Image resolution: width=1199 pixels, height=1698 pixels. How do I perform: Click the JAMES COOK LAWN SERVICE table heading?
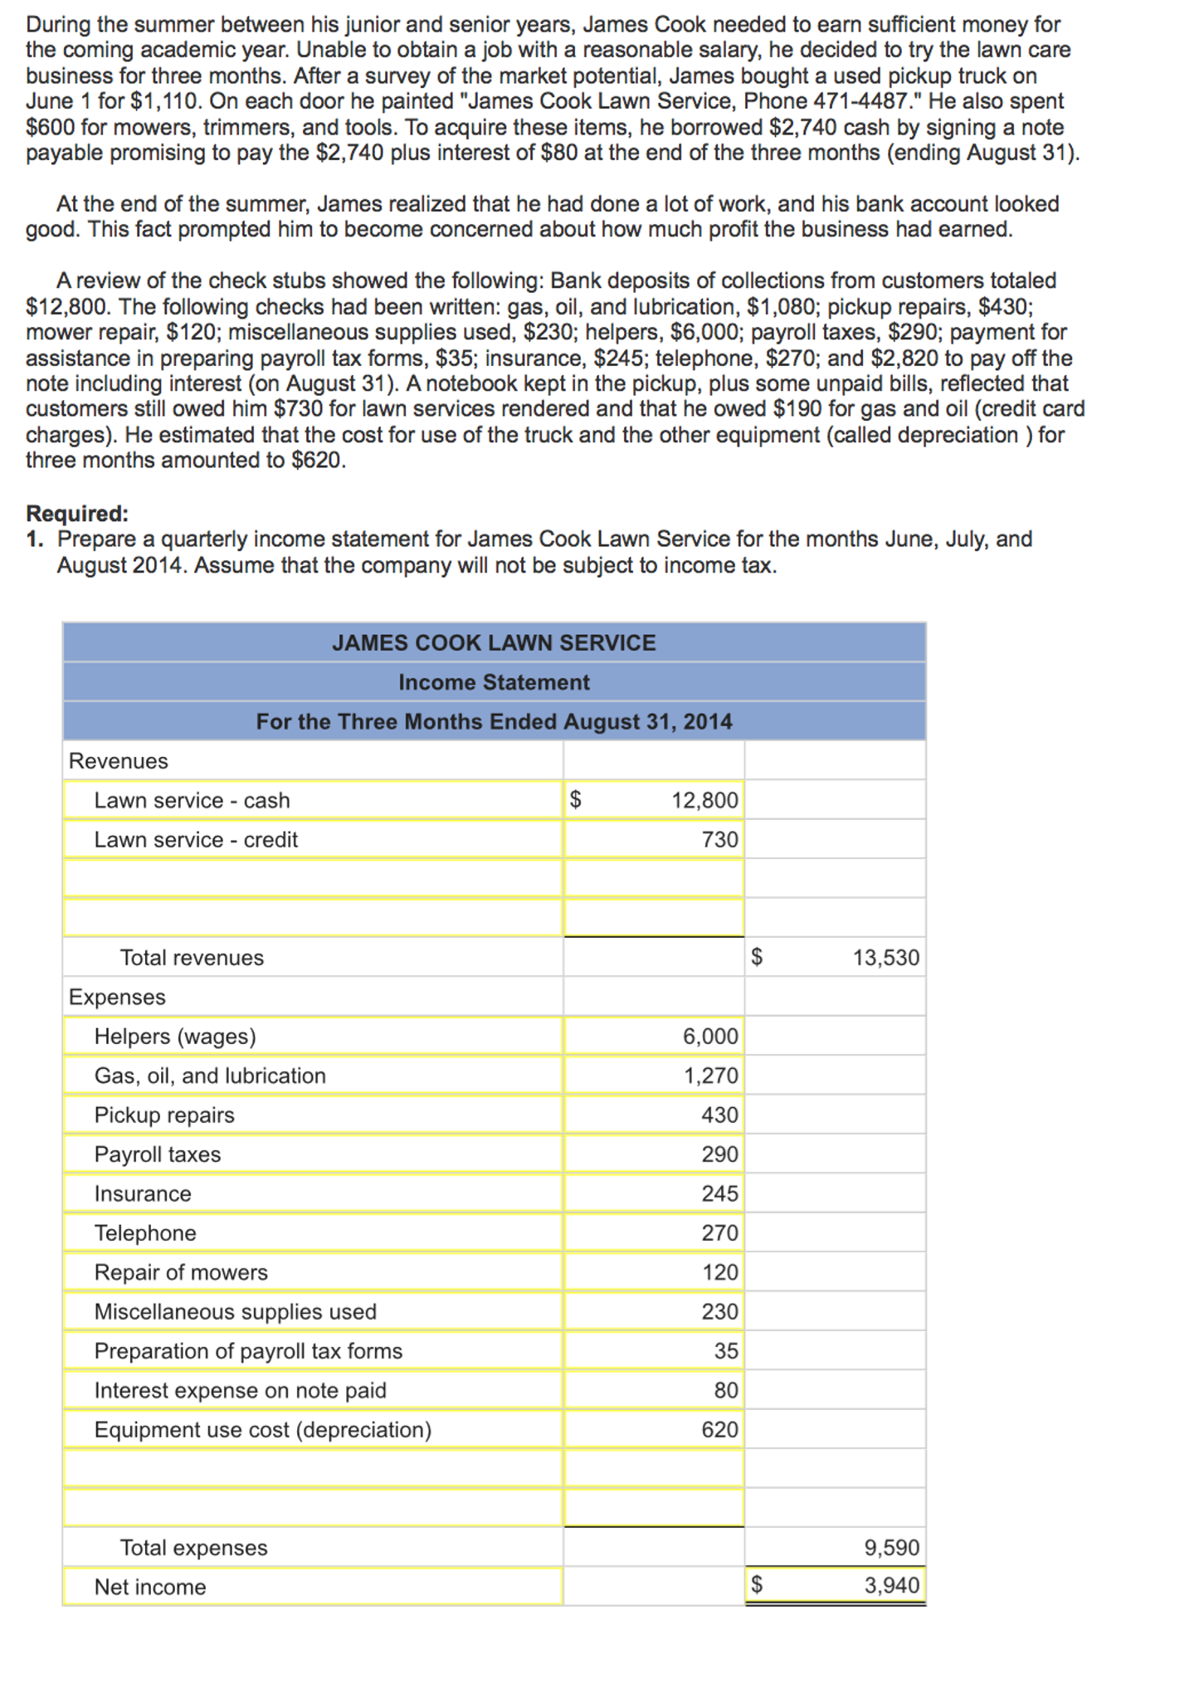[x=494, y=643]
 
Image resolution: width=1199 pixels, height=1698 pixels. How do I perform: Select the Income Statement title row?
[x=494, y=682]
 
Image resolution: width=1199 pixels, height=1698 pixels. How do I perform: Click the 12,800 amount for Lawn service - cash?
[x=704, y=800]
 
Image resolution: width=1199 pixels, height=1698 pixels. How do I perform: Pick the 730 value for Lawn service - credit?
[x=719, y=840]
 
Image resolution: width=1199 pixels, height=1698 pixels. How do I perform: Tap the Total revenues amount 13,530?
[x=886, y=958]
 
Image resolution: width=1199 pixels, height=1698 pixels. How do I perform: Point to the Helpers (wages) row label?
[x=175, y=1037]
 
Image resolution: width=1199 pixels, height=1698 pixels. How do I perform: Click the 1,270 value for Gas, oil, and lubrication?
[x=710, y=1076]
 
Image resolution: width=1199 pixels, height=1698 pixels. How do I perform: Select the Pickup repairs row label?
[x=164, y=1115]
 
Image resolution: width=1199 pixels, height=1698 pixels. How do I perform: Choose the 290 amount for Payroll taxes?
[x=719, y=1154]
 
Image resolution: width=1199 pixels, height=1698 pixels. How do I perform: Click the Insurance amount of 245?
[x=719, y=1193]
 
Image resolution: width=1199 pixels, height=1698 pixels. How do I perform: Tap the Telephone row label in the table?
[x=145, y=1233]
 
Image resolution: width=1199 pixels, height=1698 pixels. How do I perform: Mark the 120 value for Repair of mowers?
[x=719, y=1272]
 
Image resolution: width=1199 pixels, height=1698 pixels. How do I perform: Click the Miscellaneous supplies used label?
[x=235, y=1312]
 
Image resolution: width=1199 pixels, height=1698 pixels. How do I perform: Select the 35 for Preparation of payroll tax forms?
[x=726, y=1351]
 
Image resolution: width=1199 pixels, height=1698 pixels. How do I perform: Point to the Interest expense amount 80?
[x=726, y=1390]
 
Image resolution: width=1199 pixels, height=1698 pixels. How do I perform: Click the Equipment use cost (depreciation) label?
[x=263, y=1430]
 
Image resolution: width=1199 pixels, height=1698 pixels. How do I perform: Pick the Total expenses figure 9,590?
[x=892, y=1548]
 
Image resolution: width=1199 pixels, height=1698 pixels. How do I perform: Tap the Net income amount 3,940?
[x=892, y=1586]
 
